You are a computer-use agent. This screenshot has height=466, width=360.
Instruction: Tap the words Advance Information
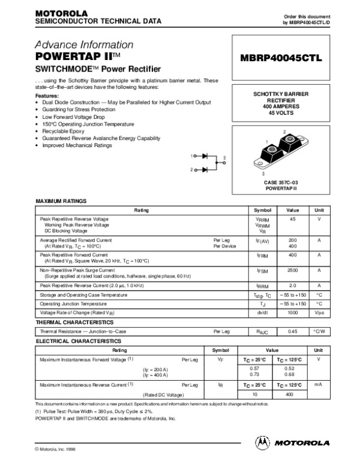tap(85, 45)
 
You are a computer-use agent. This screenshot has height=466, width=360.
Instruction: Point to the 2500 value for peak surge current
tap(292, 271)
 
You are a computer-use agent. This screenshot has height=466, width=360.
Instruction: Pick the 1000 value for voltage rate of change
tap(292, 312)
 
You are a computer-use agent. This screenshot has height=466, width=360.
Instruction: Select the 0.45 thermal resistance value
tap(292, 331)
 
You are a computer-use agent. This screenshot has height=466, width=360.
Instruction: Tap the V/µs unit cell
tap(319, 312)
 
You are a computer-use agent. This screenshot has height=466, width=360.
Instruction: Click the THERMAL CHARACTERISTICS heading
tap(75, 322)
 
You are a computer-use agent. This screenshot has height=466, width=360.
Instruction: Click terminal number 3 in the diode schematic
tap(224, 157)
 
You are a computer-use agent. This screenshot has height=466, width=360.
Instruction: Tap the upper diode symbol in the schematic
tap(205, 156)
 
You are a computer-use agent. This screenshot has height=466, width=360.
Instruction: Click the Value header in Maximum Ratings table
tap(292, 210)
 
